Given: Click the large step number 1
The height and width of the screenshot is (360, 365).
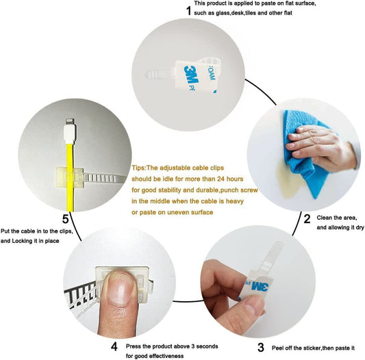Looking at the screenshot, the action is point(188,10).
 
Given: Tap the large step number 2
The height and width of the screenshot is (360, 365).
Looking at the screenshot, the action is point(307,219).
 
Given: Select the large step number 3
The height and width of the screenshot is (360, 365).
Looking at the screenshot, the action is point(261,348).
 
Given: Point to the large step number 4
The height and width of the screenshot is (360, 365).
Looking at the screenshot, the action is point(114,347).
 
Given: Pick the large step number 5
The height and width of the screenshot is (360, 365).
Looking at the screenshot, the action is point(66,219).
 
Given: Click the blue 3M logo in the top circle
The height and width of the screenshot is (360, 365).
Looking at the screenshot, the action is point(191,75).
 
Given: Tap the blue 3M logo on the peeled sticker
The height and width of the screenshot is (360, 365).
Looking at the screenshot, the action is point(260,287).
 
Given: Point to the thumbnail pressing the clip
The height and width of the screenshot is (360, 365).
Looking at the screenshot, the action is point(120,289).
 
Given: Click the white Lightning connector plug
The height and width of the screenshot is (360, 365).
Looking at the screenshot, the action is point(70,131).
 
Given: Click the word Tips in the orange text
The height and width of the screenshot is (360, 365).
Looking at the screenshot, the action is point(138,168).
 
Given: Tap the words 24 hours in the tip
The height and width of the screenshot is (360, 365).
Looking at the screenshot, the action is point(230,179).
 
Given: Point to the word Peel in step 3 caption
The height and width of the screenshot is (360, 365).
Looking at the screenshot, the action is point(277,348).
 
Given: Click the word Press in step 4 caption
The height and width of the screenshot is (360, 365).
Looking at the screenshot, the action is point(133,346).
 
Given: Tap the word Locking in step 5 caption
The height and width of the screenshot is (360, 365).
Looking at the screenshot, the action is point(22,241).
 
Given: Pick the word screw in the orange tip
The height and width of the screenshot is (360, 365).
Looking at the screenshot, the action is point(249,190).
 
